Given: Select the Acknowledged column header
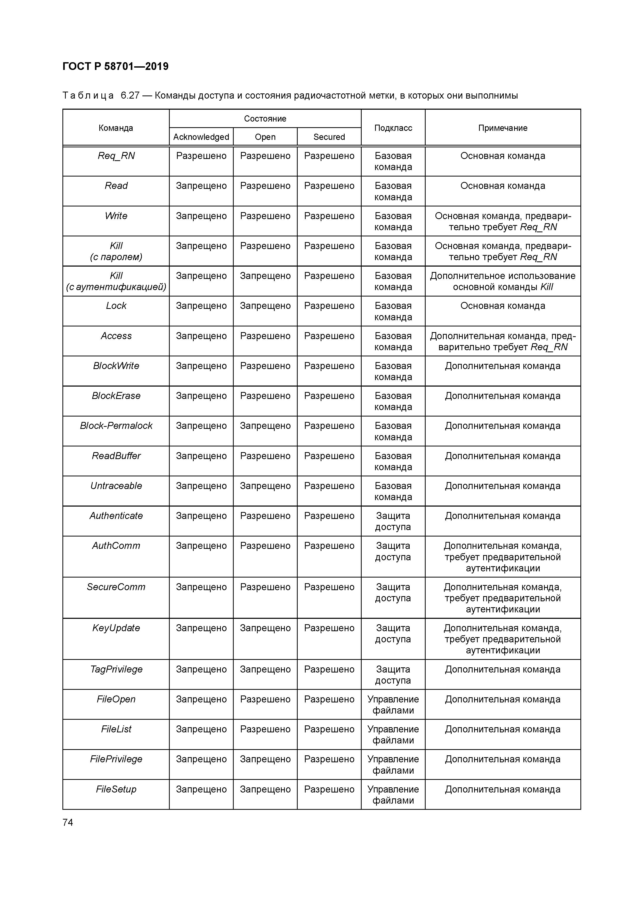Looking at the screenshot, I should (x=201, y=137).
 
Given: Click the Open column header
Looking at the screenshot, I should (x=265, y=137).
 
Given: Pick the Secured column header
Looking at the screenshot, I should (x=329, y=137).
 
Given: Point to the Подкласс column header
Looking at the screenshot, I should (x=393, y=128).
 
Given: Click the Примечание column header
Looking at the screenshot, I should (x=503, y=128).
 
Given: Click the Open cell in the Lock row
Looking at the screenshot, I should (x=265, y=306).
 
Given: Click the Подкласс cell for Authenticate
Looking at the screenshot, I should (x=393, y=521).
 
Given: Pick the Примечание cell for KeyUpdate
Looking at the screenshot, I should (x=503, y=639).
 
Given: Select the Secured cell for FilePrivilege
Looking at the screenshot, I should (x=329, y=759).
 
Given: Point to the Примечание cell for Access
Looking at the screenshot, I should (x=503, y=341).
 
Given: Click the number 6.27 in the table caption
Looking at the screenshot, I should (x=130, y=95).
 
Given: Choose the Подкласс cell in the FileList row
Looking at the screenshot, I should (x=393, y=735).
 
